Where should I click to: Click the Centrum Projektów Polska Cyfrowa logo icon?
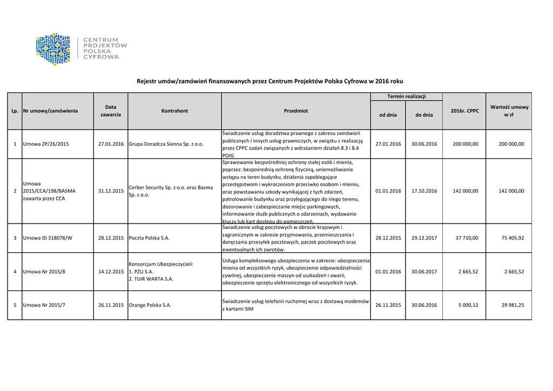pos(53,49)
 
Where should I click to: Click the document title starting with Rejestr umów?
pos(269,81)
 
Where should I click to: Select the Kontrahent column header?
pos(174,111)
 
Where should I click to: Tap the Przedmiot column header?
pos(295,111)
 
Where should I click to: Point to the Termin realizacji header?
pos(406,97)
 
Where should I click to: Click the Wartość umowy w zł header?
pos(509,111)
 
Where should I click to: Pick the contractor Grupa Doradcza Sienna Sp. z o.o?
pos(166,144)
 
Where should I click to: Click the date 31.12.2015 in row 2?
pos(111,191)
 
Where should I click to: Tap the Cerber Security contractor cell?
pos(171,191)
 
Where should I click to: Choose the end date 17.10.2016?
pos(424,191)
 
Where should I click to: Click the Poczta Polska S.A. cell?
pos(149,238)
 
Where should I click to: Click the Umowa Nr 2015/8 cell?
pos(45,272)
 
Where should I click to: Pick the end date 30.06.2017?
pos(424,272)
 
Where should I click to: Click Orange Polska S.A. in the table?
pos(150,305)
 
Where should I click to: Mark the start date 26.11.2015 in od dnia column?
pos(388,305)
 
